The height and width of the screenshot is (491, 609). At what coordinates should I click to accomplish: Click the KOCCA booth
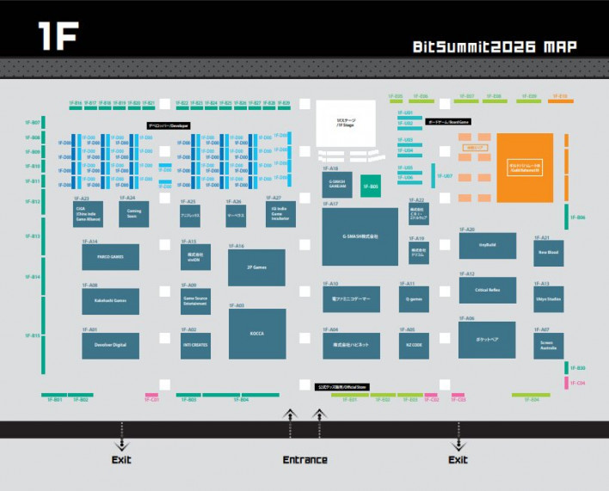pos(256,333)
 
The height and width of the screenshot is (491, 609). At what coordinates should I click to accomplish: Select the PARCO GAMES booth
pos(110,255)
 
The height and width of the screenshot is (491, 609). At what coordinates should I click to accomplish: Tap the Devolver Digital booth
pos(110,345)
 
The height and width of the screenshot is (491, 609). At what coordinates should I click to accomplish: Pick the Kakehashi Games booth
pos(110,300)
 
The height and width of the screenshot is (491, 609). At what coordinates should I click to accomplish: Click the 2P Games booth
pos(256,267)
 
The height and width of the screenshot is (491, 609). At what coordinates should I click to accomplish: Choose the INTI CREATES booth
pos(195,345)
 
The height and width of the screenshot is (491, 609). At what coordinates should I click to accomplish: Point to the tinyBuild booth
pos(487,245)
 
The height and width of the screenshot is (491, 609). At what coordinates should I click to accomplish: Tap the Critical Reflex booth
pos(487,290)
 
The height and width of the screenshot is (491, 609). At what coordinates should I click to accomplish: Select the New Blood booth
pos(548,252)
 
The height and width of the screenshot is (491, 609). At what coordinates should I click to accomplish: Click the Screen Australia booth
pos(548,345)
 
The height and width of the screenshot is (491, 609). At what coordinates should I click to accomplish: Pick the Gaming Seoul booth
pos(133,213)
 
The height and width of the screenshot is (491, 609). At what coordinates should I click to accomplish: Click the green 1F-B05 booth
pos(370,186)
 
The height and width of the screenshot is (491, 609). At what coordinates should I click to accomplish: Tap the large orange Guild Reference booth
pos(525,169)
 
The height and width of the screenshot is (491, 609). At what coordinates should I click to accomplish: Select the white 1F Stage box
pos(345,120)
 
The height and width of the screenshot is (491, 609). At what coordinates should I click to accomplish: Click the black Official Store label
pos(340,387)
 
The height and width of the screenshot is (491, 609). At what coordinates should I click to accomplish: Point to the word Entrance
pos(304,460)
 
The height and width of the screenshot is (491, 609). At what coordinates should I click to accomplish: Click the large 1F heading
pos(58,35)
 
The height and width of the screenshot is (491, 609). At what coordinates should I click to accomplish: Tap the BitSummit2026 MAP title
pos(494,46)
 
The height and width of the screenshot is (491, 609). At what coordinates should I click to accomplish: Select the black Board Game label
pos(448,122)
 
